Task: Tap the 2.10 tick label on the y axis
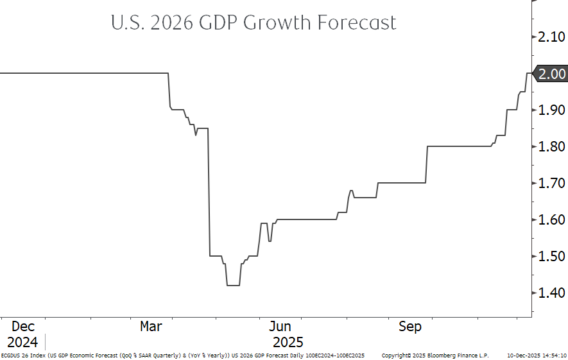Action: click(x=553, y=38)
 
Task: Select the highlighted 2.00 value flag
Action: click(x=551, y=74)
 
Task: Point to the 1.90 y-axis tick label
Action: click(x=553, y=110)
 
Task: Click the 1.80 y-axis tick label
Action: click(x=553, y=147)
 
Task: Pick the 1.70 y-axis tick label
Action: click(x=553, y=184)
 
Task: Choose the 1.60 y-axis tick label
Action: click(x=553, y=220)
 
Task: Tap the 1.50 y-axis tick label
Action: click(x=553, y=257)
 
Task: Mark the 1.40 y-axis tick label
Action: click(x=553, y=293)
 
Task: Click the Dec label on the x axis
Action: click(x=22, y=327)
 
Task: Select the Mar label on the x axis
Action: click(x=151, y=327)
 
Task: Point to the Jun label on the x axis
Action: click(x=280, y=327)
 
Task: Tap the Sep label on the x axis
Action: click(x=410, y=327)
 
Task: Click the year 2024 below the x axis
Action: click(x=22, y=342)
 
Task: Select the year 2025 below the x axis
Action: click(x=288, y=342)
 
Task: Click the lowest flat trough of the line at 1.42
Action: click(x=233, y=285)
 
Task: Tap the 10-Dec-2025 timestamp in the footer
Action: click(x=522, y=356)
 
